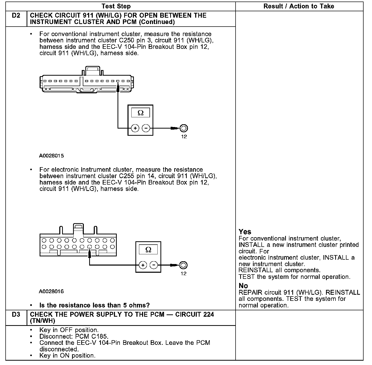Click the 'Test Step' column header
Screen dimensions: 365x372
pos(116,6)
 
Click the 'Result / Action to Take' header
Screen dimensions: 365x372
pos(299,6)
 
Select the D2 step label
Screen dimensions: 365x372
pos(16,16)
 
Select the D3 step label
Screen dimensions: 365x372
pos(16,314)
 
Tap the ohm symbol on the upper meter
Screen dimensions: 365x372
pos(140,113)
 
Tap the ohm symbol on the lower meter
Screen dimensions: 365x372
pos(148,249)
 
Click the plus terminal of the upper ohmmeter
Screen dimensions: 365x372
pos(135,128)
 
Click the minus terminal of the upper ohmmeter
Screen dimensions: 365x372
pos(146,128)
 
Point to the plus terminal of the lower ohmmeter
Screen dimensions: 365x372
pos(143,265)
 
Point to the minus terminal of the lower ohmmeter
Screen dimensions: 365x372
pos(154,265)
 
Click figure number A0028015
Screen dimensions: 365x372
pos(51,156)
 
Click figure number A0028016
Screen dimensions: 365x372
pos(51,291)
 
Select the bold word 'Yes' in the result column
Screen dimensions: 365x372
pos(245,232)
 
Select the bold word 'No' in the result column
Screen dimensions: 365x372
pos(243,286)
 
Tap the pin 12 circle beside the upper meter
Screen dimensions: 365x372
pos(184,128)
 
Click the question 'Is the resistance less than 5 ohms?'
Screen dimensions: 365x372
pos(94,305)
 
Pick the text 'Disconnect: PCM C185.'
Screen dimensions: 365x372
pos(74,336)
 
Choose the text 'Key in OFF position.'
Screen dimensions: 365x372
pos(69,330)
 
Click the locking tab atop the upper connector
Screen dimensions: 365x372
pos(93,70)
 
